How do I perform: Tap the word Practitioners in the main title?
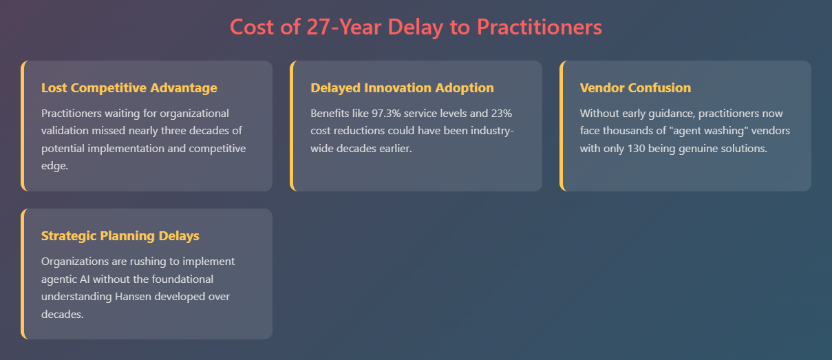[540, 27]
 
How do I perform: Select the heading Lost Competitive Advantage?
[129, 88]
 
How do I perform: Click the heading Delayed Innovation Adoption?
[403, 88]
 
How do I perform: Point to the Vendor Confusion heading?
[635, 88]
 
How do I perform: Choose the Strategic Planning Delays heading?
[120, 236]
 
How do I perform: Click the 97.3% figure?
[386, 114]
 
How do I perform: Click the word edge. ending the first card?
[54, 166]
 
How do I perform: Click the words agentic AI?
[65, 279]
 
